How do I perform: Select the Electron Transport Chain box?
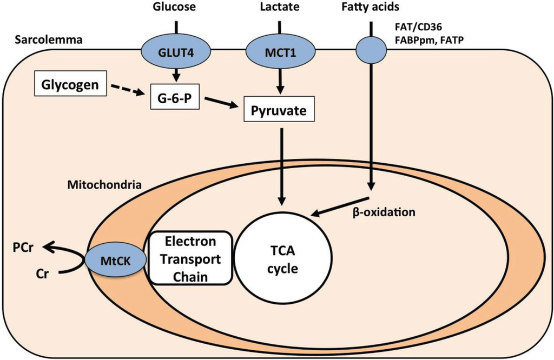pos(190,258)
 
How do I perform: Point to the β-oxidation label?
pos(384,212)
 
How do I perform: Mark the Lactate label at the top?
pos(279,8)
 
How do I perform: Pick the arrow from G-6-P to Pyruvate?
pos(219,103)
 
